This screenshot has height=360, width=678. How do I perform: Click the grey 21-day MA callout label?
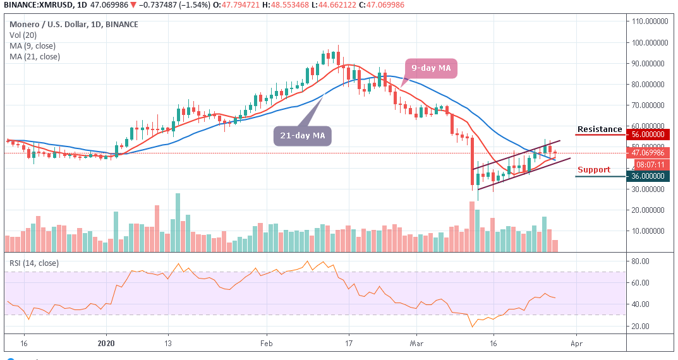point(302,135)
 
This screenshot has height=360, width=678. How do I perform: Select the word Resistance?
point(600,129)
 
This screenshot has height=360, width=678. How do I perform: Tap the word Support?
point(594,170)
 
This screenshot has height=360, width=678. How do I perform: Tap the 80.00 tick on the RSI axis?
point(644,260)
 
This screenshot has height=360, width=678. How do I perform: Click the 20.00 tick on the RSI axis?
point(644,326)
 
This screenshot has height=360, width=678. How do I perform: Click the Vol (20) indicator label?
point(22,35)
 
